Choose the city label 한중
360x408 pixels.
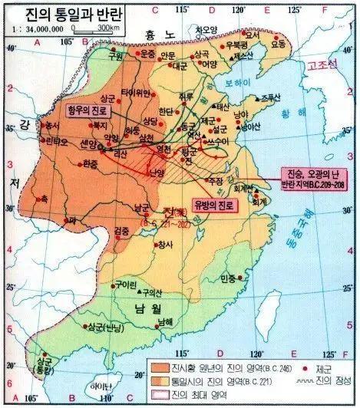(91, 163)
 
